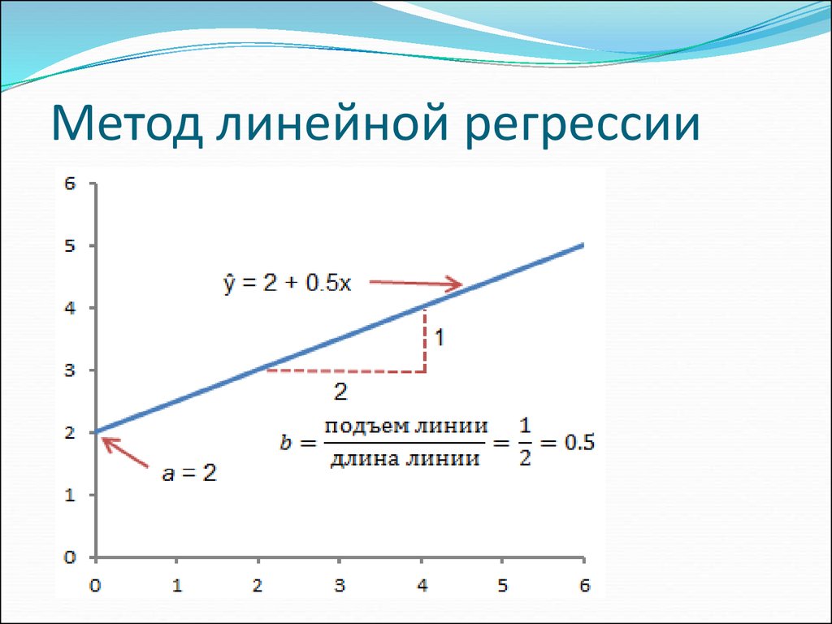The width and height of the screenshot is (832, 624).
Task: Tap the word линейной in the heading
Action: tap(332, 125)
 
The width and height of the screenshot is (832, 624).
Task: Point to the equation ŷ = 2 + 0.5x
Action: tap(287, 284)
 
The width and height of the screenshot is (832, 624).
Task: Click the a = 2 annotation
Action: tap(189, 474)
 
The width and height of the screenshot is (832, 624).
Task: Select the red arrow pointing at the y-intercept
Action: tap(124, 452)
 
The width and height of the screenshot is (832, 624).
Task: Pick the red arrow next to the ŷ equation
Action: tap(415, 284)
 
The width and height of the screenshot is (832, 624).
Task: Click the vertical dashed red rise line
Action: tap(424, 340)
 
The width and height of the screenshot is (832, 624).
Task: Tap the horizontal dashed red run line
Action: tap(345, 370)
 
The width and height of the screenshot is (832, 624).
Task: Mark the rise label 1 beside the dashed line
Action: tap(440, 337)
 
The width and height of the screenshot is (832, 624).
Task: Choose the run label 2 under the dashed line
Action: tap(340, 392)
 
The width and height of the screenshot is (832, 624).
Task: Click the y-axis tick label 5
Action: tap(70, 245)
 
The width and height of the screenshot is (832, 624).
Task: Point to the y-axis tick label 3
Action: tap(70, 370)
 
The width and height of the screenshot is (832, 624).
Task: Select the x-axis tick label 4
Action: tap(422, 585)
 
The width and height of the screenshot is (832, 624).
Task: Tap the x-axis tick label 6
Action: tap(584, 585)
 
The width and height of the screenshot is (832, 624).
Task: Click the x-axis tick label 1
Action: tap(176, 585)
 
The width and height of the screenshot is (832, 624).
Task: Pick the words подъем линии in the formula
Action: tap(406, 427)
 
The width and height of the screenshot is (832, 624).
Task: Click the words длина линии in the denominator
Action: tap(405, 457)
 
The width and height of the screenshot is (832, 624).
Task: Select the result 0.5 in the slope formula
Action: tap(579, 443)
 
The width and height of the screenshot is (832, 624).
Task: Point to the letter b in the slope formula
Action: tap(285, 442)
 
